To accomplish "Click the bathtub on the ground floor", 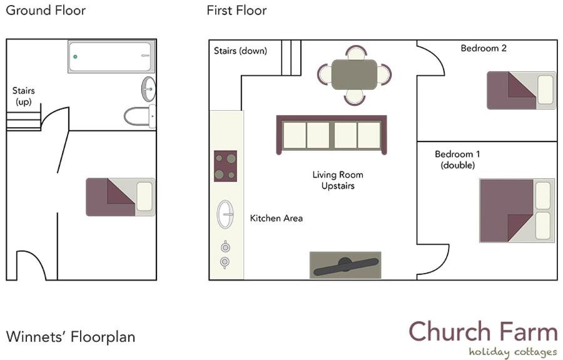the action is (x=111, y=56).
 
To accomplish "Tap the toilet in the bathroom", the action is (x=140, y=116).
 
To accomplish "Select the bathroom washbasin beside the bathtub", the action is (x=149, y=89).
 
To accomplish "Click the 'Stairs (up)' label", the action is (x=23, y=96).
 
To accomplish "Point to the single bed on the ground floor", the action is (x=121, y=197).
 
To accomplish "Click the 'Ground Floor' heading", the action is (x=46, y=11).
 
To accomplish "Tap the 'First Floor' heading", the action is (x=236, y=11).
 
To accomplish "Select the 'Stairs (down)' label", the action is (x=241, y=51).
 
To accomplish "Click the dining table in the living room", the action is (x=355, y=75).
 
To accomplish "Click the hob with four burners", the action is (x=225, y=166).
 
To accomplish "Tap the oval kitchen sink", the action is (x=225, y=215).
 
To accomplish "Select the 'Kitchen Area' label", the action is (x=276, y=218).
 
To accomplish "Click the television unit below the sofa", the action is (x=345, y=265).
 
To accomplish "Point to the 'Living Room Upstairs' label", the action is (x=338, y=180).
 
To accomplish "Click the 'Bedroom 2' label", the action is (x=484, y=48).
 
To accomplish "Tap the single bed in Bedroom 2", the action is (x=521, y=90).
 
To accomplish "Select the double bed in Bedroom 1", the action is (x=517, y=210).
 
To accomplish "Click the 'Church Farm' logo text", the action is (x=484, y=332).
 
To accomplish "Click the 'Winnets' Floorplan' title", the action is (x=71, y=337).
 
